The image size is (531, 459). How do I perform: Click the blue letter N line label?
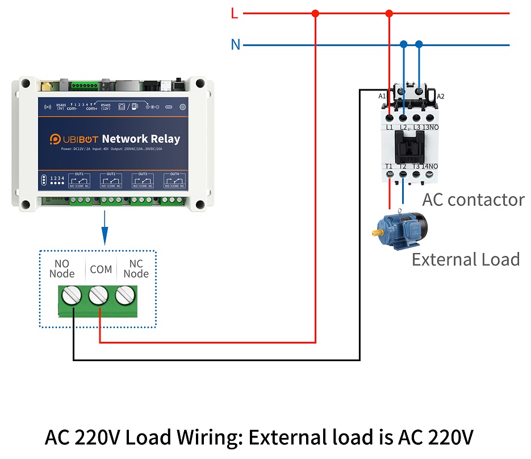pyautogui.click(x=236, y=45)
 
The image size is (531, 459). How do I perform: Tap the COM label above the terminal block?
pyautogui.click(x=101, y=269)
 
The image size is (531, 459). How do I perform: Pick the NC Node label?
pyautogui.click(x=136, y=268)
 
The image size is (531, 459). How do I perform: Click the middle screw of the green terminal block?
pyautogui.click(x=99, y=296)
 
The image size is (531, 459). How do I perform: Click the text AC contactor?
pyautogui.click(x=473, y=200)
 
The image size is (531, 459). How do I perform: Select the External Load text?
pyautogui.click(x=465, y=259)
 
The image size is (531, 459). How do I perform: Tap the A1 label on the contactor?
pyautogui.click(x=382, y=96)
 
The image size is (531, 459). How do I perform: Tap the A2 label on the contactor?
pyautogui.click(x=441, y=96)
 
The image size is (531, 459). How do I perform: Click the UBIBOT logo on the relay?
pyautogui.click(x=74, y=139)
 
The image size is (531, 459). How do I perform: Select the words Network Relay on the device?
pyautogui.click(x=141, y=139)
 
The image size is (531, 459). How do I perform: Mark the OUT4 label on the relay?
pyautogui.click(x=174, y=173)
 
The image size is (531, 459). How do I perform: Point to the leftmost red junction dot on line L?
pyautogui.click(x=316, y=13)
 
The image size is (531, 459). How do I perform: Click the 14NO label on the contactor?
pyautogui.click(x=430, y=167)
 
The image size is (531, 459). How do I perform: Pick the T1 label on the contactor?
pyautogui.click(x=389, y=167)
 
